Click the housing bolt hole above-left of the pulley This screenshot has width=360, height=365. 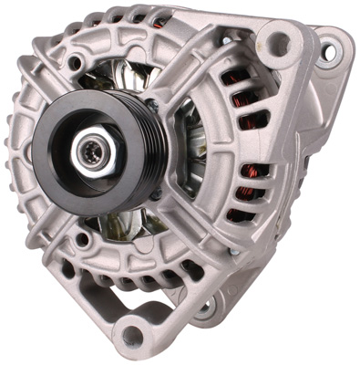[75, 62]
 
